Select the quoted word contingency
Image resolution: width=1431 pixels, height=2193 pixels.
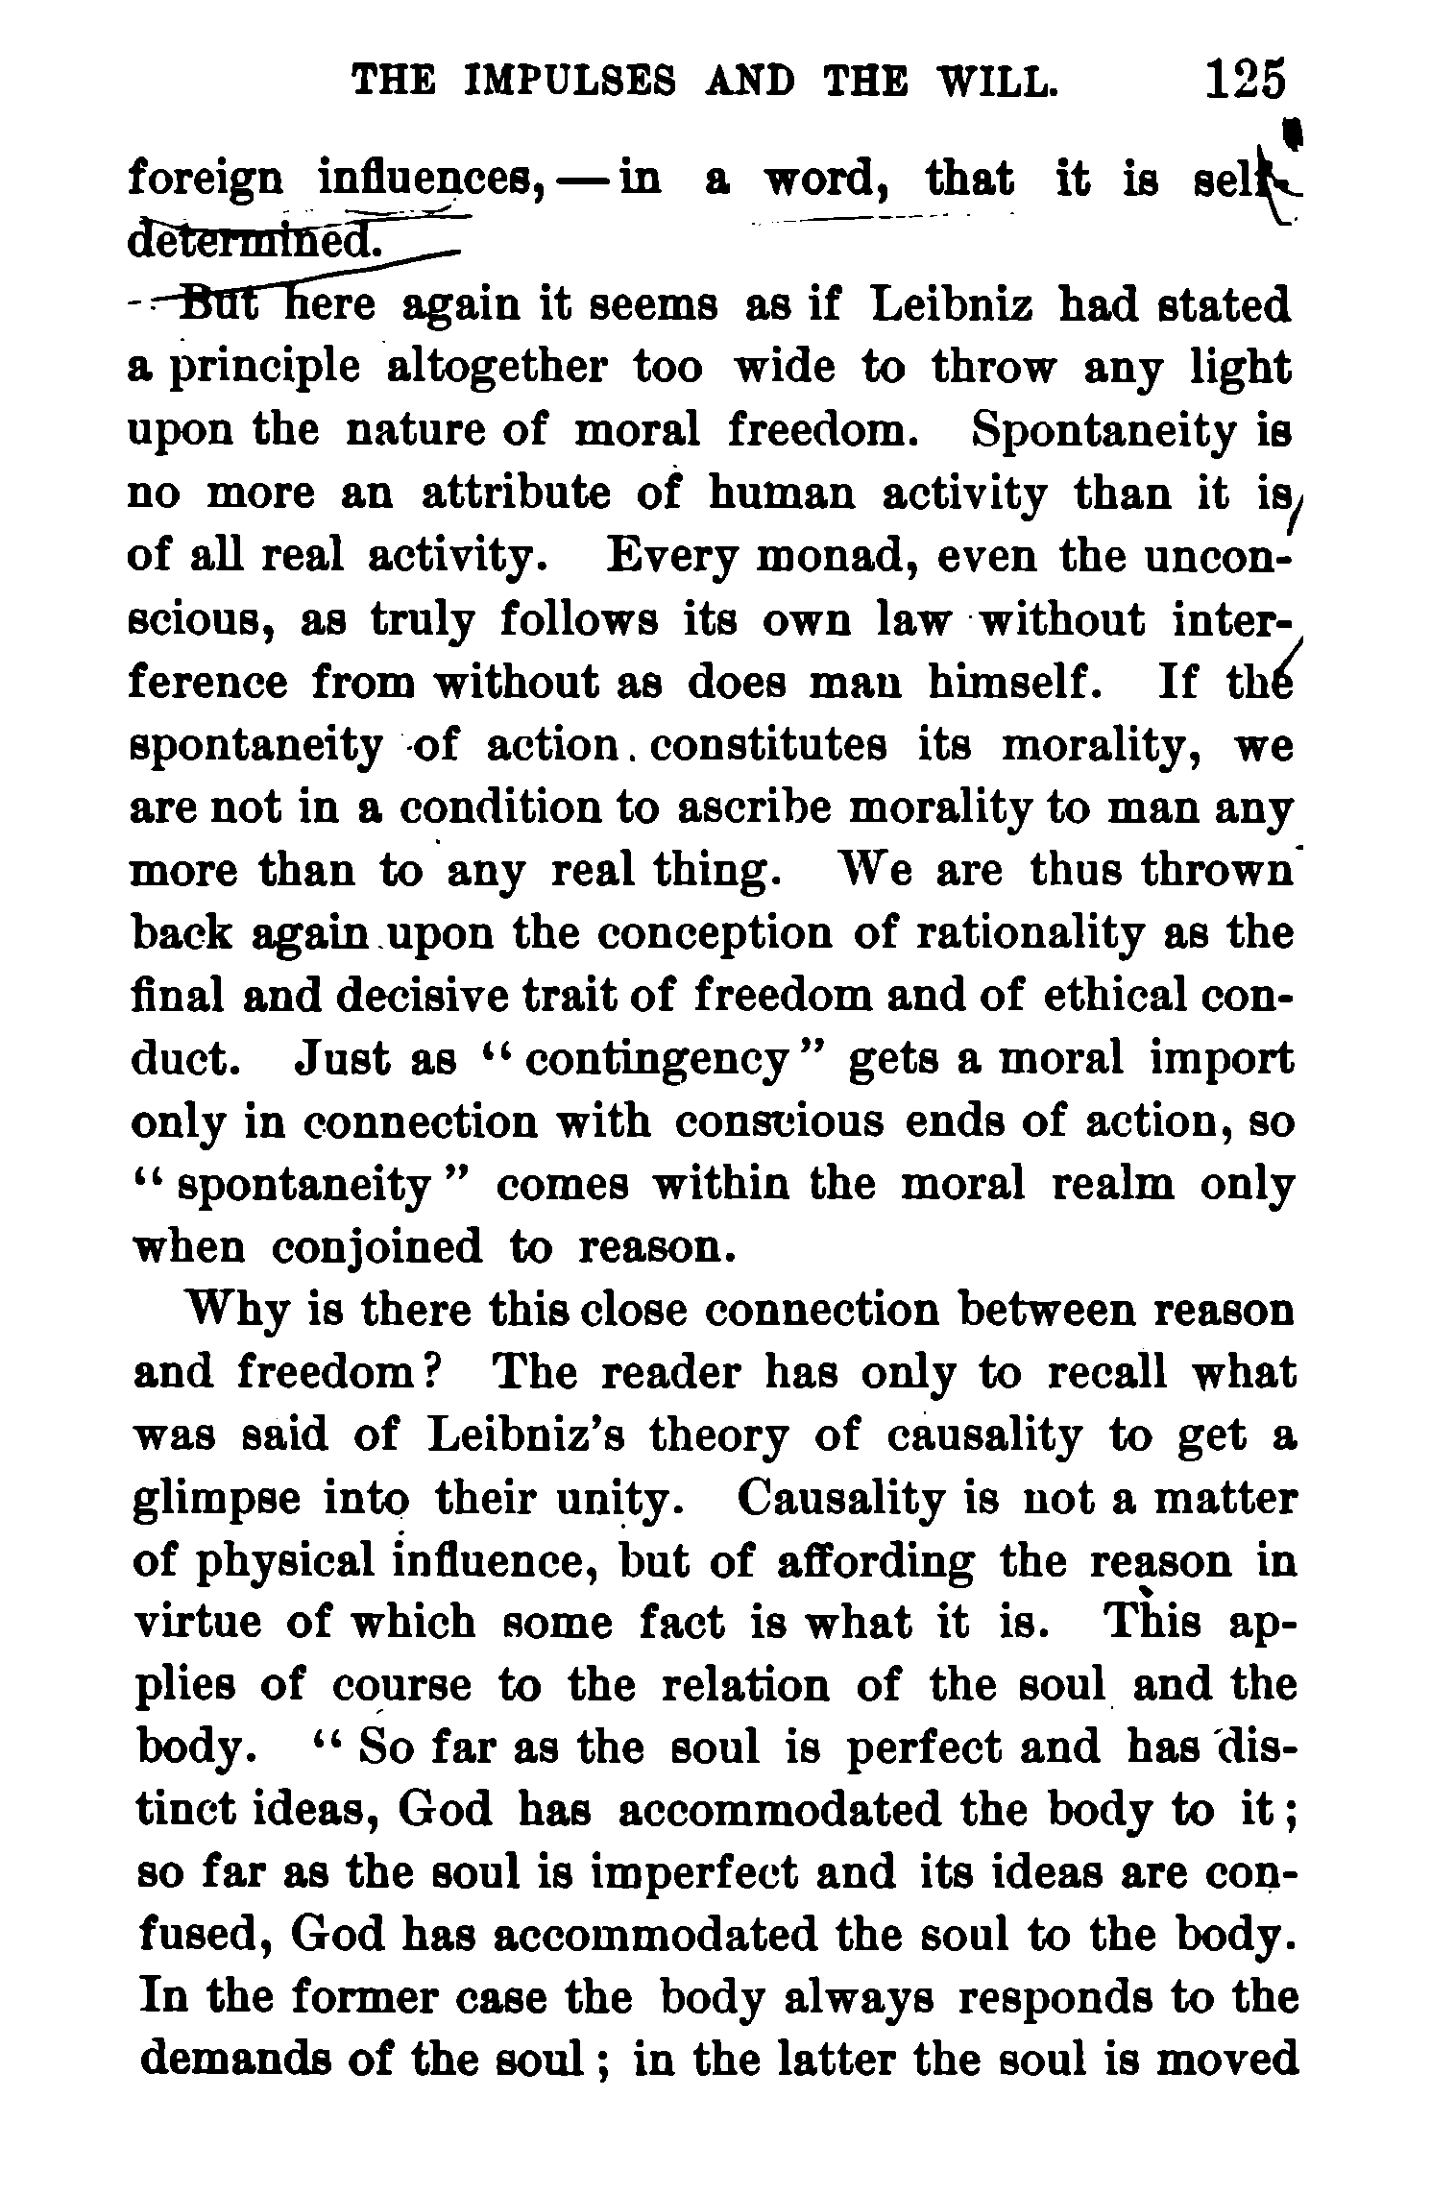click(x=658, y=1060)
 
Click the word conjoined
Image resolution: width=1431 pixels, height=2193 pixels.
click(x=376, y=1248)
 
